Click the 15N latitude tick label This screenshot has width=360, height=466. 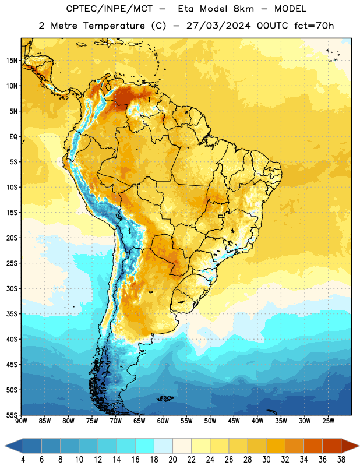tap(12, 61)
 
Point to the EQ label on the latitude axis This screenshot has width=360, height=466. tap(13, 137)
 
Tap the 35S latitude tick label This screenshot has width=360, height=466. tap(12, 314)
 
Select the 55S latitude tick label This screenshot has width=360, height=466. tap(12, 415)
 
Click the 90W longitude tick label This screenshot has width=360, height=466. tap(21, 421)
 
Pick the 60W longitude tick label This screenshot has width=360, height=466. tap(163, 421)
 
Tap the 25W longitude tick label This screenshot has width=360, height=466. tap(328, 421)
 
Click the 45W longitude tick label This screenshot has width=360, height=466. tap(234, 421)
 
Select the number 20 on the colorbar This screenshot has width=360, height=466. tap(172, 460)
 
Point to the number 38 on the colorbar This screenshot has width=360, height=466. tap(341, 460)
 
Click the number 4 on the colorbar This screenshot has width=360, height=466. tap(23, 460)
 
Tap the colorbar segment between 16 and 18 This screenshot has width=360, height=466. tap(145, 446)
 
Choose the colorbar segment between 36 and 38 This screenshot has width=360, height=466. tap(332, 446)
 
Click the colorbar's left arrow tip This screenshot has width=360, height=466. tap(5, 446)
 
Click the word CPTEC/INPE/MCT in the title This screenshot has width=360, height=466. tap(109, 9)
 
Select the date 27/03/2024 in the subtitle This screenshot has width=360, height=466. tap(218, 26)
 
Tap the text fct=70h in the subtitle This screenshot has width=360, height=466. tap(314, 26)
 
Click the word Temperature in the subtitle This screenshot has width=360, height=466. tap(114, 26)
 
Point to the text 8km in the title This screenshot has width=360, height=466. tap(243, 9)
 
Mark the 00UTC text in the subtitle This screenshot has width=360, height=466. tap(273, 26)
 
